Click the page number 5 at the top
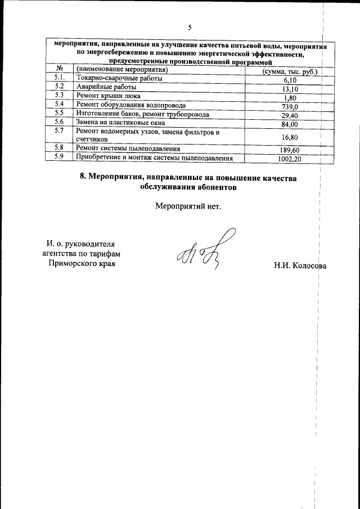point(190,28)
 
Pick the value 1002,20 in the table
point(290,159)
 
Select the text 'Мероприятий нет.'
point(188,205)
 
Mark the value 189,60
point(290,150)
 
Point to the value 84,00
point(290,124)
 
